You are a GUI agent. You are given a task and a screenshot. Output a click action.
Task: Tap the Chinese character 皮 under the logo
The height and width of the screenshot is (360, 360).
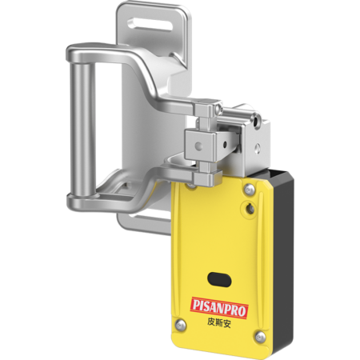(211, 322)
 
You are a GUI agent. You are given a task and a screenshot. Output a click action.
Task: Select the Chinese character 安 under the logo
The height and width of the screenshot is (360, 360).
(226, 324)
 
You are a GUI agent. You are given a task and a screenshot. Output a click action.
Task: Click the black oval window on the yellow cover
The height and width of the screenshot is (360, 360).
(219, 280)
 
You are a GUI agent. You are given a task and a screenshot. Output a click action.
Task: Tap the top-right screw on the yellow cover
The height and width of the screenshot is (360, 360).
(250, 189)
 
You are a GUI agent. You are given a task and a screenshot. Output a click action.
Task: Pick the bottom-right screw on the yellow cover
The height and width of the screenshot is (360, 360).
(260, 337)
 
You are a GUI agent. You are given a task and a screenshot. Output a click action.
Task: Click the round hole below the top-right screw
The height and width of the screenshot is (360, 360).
(250, 208)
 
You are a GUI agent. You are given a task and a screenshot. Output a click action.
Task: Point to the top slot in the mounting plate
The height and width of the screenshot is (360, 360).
(150, 25)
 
